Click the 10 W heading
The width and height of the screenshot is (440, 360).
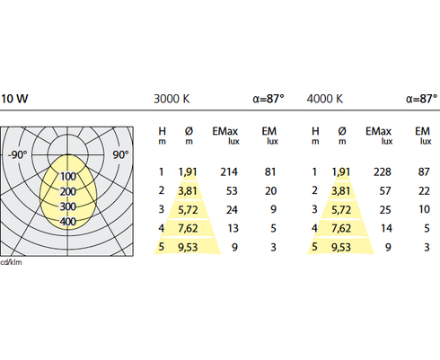pos(14,99)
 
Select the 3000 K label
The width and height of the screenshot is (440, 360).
pos(172,99)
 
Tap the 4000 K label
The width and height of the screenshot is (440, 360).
pos(325,99)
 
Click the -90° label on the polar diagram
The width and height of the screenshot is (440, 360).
pos(17,154)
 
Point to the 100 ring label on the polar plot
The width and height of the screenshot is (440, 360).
pos(68,176)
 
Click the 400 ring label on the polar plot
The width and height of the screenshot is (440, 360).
pos(68,222)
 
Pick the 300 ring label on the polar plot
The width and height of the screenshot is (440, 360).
pos(68,206)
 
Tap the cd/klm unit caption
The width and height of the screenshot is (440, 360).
pos(11,262)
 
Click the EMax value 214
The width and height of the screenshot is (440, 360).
pos(229,172)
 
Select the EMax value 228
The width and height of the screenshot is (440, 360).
pos(383,172)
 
